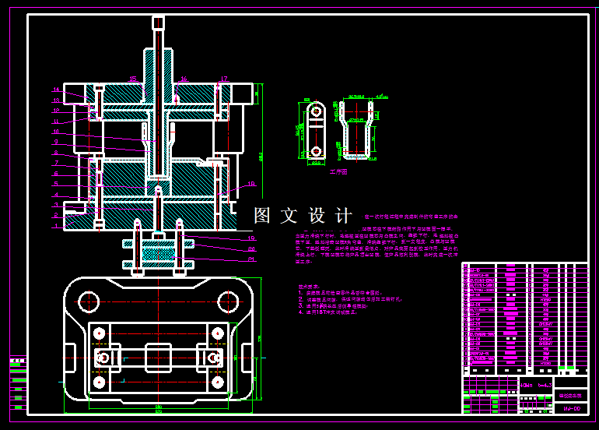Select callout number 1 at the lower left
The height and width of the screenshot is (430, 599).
[x=56, y=227]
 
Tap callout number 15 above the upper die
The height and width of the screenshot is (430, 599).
[x=133, y=79]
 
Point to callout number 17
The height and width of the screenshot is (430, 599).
[x=223, y=79]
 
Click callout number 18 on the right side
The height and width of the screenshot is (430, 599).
[x=251, y=185]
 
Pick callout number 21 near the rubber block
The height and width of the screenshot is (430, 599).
[x=251, y=259]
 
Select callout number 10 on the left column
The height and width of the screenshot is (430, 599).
[x=56, y=132]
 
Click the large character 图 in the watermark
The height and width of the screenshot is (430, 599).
[x=262, y=216]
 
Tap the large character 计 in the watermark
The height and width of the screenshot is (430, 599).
[x=342, y=216]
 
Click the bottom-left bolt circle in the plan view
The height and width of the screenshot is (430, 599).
[x=100, y=383]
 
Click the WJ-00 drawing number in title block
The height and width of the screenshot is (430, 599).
[x=571, y=409]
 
